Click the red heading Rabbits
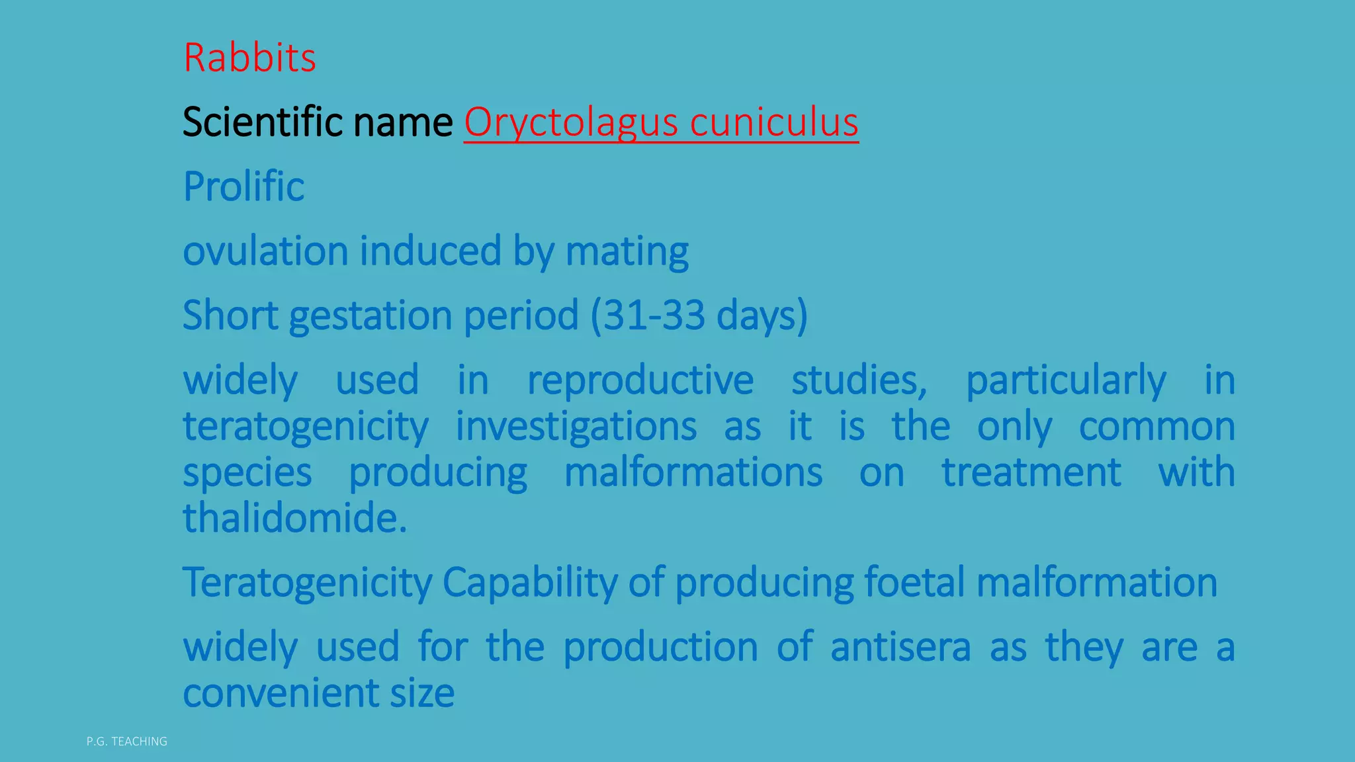[249, 58]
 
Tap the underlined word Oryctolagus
[571, 122]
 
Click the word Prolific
[243, 187]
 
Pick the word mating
[627, 251]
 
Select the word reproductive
[640, 380]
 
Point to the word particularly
[1066, 380]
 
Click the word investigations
[576, 427]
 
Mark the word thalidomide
[294, 518]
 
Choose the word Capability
[529, 583]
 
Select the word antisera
[900, 647]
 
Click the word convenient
[281, 693]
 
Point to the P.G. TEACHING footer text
[127, 741]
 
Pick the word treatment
[1031, 472]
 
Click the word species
[247, 472]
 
